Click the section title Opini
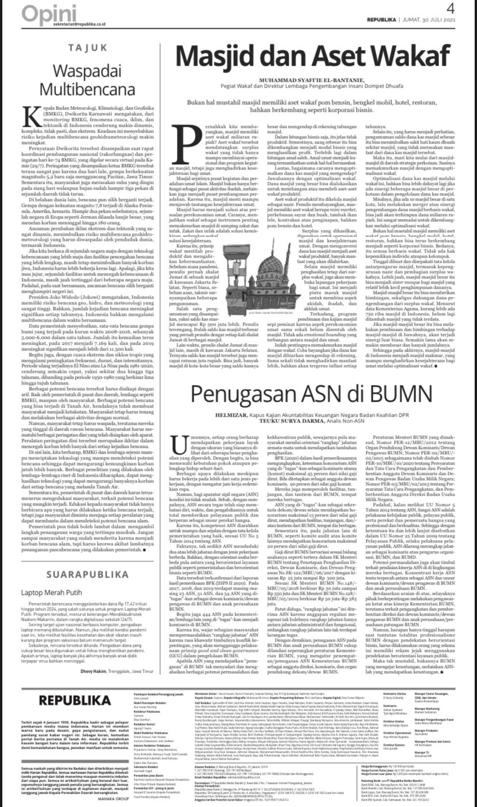tap(43, 12)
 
